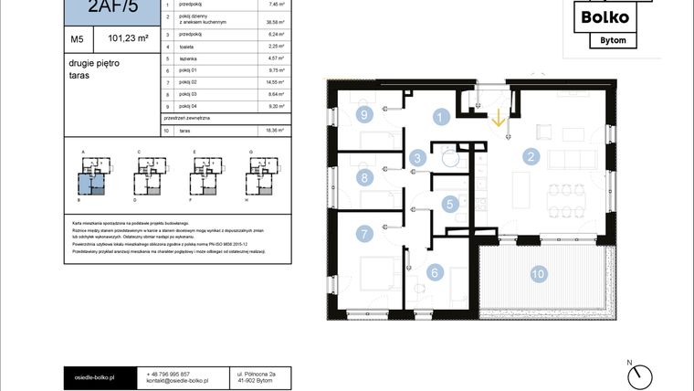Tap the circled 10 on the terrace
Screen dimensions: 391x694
click(x=538, y=272)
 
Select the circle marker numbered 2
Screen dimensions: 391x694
click(x=529, y=156)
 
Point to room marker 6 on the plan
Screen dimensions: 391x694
click(x=435, y=272)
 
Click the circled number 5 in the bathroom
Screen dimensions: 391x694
click(x=448, y=205)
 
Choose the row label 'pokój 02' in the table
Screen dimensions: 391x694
click(x=188, y=82)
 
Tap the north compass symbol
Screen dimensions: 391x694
click(x=641, y=374)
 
